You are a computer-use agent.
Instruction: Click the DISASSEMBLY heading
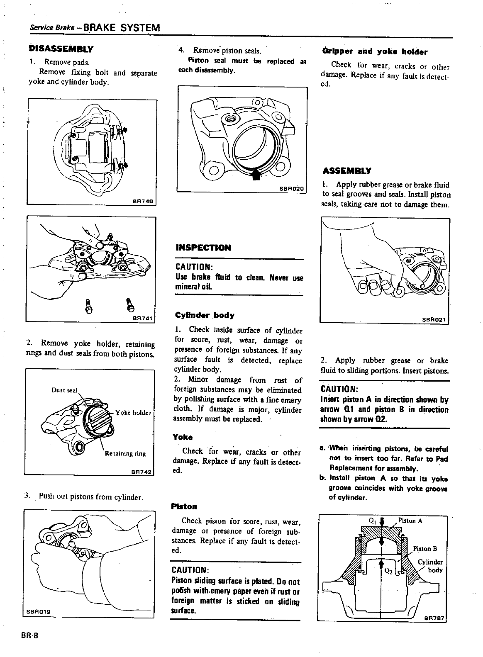click(61, 49)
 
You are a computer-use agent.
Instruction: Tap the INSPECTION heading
click(203, 248)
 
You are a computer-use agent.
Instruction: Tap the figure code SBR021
click(434, 319)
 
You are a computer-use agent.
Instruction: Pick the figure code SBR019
click(39, 612)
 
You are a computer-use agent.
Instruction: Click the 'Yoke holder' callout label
click(134, 412)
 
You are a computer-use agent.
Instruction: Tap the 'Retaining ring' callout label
click(125, 453)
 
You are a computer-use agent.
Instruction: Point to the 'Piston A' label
click(410, 521)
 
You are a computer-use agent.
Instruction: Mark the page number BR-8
click(28, 636)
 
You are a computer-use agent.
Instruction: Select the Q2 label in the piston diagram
click(389, 570)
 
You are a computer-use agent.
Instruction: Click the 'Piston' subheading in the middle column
click(184, 506)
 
